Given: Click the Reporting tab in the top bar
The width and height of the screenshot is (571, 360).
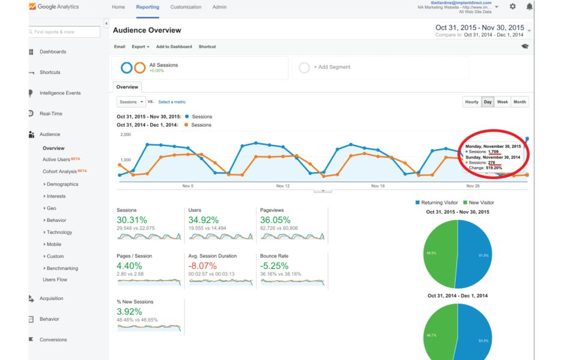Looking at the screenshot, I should click(148, 7).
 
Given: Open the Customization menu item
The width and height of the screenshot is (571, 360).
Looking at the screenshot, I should click(186, 7).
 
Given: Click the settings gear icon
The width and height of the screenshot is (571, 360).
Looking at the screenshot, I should click(513, 7).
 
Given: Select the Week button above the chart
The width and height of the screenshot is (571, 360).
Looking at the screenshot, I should click(502, 102).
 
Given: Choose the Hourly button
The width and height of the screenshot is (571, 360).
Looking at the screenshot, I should click(472, 102).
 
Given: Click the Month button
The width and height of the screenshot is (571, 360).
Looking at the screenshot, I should click(520, 102).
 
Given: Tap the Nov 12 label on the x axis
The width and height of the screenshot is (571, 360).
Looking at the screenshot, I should click(283, 186).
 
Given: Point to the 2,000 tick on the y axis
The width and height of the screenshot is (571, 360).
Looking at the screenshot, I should click(126, 135).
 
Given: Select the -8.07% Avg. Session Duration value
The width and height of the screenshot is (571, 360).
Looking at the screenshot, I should click(203, 266).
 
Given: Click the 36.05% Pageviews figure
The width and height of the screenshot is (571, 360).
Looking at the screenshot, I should click(273, 220).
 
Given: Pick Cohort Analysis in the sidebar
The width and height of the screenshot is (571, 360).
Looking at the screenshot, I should click(60, 171).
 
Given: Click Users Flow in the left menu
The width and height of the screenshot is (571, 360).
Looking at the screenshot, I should click(55, 279).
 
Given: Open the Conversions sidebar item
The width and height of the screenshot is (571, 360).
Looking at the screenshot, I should click(53, 340).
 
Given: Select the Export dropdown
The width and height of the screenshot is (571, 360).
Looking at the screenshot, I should click(141, 47).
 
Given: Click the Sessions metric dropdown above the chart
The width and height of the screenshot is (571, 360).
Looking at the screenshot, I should click(131, 102).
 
